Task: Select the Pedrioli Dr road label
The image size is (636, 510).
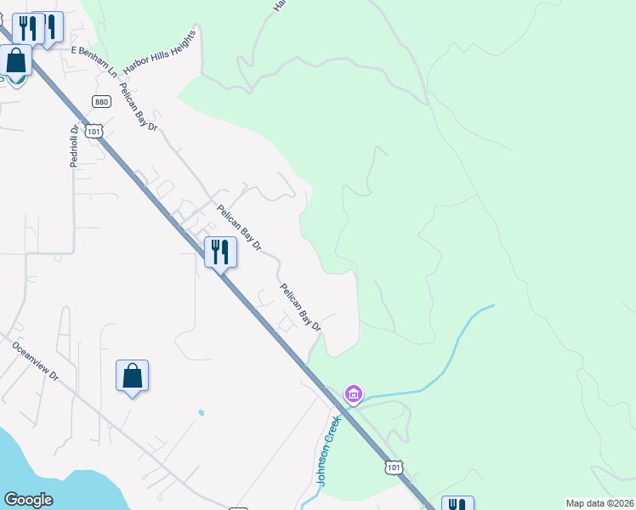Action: click(x=75, y=145)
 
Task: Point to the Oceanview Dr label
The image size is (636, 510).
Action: click(x=36, y=360)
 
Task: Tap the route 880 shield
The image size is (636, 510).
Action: click(x=102, y=101)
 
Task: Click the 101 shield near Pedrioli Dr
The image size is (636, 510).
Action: click(x=94, y=130)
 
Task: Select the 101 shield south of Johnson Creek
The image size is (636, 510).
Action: click(x=393, y=467)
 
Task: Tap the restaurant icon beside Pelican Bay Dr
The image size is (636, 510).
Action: click(x=220, y=251)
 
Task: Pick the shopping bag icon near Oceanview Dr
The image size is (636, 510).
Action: click(x=133, y=375)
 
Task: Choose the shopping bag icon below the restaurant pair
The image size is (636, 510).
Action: click(x=16, y=61)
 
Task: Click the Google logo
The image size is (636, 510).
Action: click(x=28, y=500)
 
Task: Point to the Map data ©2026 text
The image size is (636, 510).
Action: click(x=599, y=503)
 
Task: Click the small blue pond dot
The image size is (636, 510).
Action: click(x=201, y=413)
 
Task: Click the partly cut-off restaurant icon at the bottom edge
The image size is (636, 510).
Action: click(x=457, y=503)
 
